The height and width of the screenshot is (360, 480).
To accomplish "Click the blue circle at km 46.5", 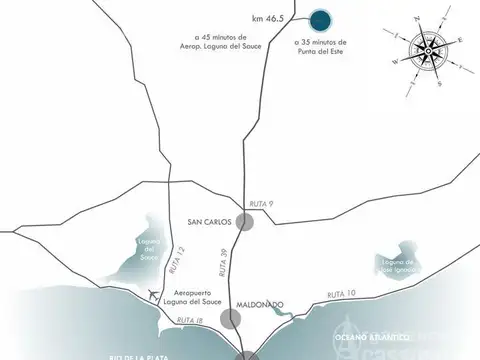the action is [320, 20].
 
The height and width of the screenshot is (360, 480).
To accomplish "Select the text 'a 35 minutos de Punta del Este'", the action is [321, 48].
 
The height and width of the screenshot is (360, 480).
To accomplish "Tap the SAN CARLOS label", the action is [209, 222].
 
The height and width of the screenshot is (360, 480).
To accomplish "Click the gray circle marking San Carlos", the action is [244, 222].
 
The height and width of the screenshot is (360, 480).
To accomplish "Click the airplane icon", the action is [151, 295].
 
